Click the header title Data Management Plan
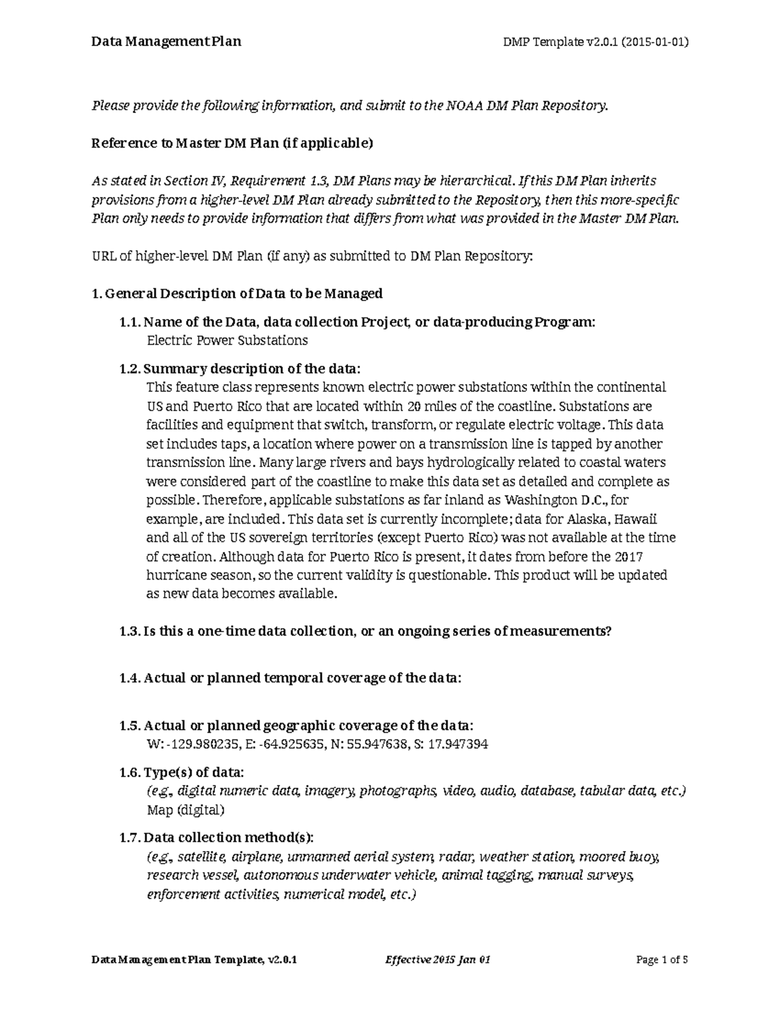click(x=166, y=42)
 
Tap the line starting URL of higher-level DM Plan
click(x=312, y=256)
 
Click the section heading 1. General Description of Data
click(x=237, y=294)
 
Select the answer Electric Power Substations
click(x=227, y=340)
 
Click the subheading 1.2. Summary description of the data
click(x=239, y=369)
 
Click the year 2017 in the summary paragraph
click(x=629, y=557)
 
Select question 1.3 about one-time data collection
click(x=365, y=632)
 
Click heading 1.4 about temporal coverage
click(x=291, y=678)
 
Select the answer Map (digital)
click(x=185, y=810)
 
